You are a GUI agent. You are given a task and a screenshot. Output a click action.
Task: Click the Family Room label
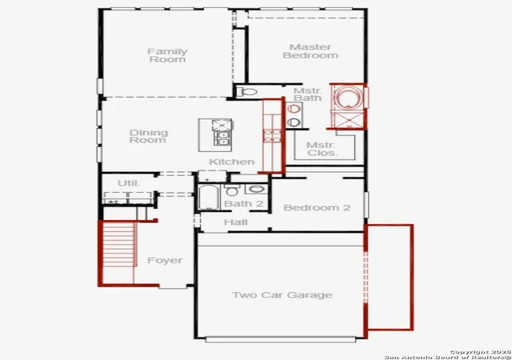(167, 55)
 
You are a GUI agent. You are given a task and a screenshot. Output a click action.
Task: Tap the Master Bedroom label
(310, 51)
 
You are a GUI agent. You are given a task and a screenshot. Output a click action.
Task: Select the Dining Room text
(149, 136)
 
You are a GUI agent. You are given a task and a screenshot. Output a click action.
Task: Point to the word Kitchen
(231, 162)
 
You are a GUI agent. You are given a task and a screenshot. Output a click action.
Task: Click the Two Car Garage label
(282, 295)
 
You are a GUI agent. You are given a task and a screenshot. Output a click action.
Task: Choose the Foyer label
(165, 260)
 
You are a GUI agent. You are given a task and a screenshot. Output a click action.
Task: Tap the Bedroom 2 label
(317, 208)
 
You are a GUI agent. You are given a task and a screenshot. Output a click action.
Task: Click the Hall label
(235, 222)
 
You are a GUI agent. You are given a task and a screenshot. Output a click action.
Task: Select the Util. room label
(129, 183)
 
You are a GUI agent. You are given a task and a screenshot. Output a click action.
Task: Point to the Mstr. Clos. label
(322, 149)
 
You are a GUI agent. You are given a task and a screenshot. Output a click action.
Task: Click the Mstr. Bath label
(307, 94)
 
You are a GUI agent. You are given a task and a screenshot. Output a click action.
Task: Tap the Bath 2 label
(243, 204)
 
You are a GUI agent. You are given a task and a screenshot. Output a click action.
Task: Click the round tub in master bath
(349, 98)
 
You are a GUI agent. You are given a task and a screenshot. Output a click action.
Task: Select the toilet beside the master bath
(246, 92)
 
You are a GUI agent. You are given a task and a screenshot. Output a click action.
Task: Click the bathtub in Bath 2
(208, 197)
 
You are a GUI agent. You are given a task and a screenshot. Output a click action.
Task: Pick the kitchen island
(215, 135)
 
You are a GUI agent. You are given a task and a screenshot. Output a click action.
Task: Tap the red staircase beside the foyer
(117, 253)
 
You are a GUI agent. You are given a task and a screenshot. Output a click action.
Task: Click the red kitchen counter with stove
(272, 135)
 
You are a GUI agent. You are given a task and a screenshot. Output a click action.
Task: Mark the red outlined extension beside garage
(389, 277)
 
